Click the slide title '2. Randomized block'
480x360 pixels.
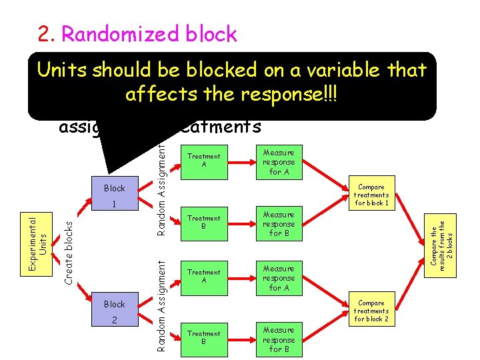(137, 34)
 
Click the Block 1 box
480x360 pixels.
(114, 195)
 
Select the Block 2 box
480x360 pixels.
(114, 311)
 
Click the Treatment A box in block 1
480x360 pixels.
(203, 161)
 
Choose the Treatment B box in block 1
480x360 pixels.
(203, 222)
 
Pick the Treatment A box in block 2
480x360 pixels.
(203, 276)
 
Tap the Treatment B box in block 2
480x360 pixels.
(203, 337)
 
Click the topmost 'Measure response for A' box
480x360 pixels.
(279, 161)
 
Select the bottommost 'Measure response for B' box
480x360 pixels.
(279, 339)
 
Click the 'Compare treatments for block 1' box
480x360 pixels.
(372, 193)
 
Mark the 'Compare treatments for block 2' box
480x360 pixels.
(372, 311)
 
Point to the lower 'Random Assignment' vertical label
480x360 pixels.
(161, 306)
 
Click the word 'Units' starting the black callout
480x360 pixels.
(64, 70)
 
